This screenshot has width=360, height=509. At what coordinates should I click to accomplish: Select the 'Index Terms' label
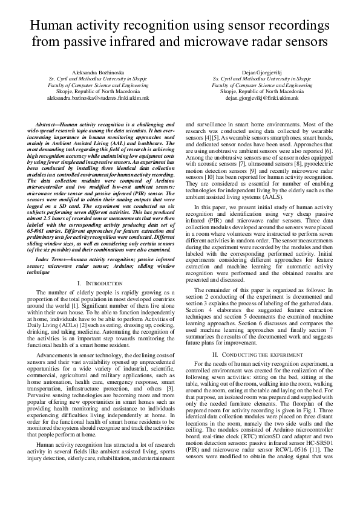pyautogui.click(x=54, y=259)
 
